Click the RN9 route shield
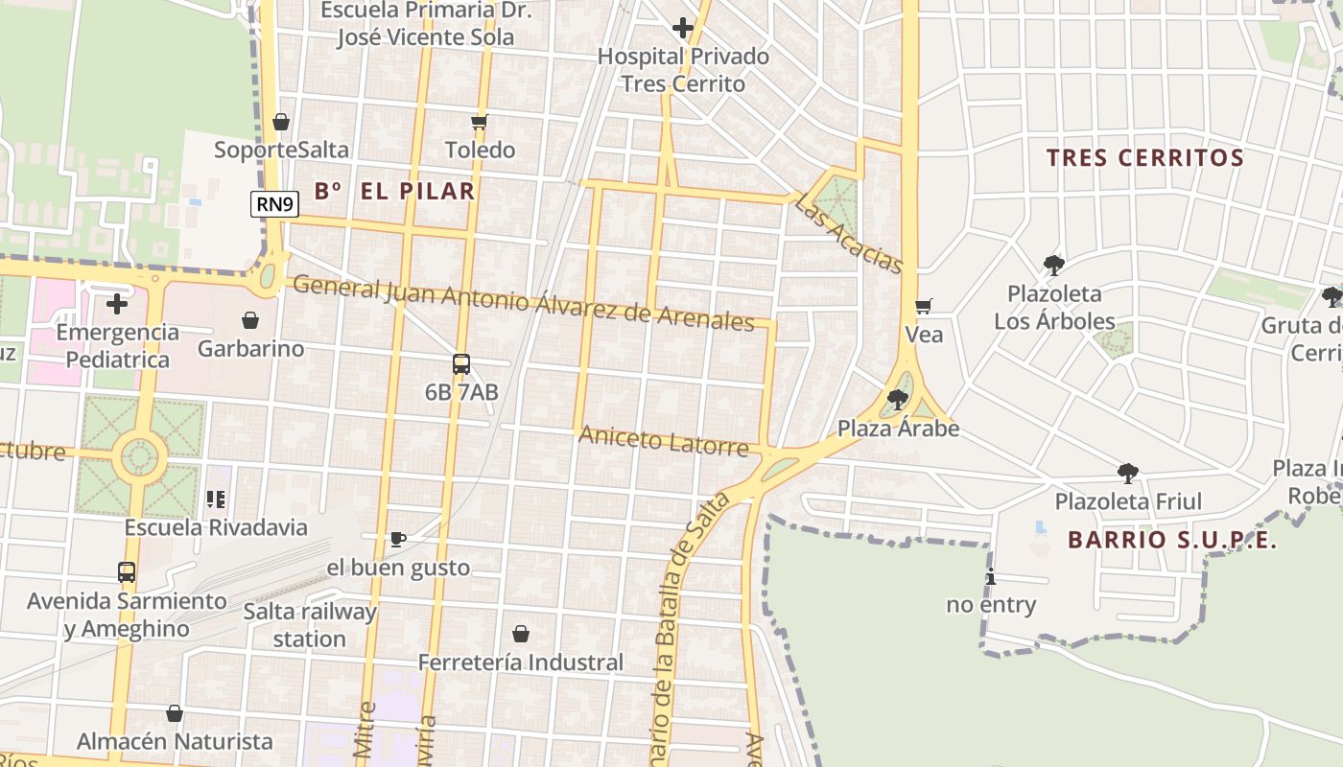click(275, 203)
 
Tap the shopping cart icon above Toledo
click(480, 122)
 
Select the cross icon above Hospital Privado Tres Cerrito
click(683, 29)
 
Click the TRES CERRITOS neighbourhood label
click(1144, 158)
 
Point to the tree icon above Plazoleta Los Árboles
click(1054, 266)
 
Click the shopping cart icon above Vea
click(924, 307)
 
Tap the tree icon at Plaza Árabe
click(898, 400)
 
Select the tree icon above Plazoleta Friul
click(1128, 474)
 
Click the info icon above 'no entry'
click(991, 577)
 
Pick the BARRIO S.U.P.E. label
click(1172, 540)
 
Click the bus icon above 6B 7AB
click(461, 364)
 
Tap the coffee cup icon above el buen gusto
click(398, 539)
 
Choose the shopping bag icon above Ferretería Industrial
click(521, 634)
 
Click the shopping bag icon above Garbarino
click(250, 320)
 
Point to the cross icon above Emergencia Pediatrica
click(117, 304)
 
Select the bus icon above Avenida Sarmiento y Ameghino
click(127, 572)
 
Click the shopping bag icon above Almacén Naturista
click(175, 713)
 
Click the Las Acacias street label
click(850, 233)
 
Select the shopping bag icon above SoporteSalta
click(281, 122)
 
